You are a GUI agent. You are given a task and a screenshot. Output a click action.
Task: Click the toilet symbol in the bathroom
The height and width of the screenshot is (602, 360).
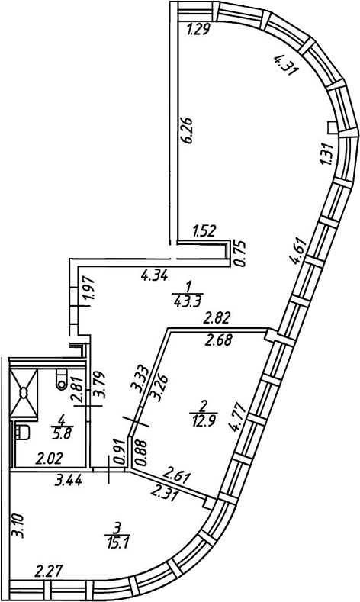coord(61,379)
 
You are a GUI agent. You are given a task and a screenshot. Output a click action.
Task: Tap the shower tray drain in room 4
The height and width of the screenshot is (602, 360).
coord(24,392)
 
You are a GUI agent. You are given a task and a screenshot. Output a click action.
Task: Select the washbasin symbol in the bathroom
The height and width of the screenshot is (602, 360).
coord(23,433)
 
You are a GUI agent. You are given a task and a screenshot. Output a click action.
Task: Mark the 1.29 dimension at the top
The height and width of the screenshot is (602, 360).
coord(198,30)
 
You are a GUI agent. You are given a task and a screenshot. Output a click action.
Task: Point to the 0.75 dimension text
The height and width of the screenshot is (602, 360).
coord(239,253)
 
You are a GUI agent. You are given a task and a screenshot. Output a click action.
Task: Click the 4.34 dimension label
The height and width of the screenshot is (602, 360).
coord(154,275)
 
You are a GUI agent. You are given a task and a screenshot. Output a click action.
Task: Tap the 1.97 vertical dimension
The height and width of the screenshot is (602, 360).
coord(89,293)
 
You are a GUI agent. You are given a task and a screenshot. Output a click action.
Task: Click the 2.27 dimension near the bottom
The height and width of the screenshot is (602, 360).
coord(48,571)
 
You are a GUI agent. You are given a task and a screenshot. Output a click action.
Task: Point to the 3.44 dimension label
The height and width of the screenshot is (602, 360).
coord(69,481)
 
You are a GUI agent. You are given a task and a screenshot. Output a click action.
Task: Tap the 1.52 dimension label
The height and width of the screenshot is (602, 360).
coord(204,231)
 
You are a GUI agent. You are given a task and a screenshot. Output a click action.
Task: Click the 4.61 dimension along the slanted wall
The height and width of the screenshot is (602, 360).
coord(299,252)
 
